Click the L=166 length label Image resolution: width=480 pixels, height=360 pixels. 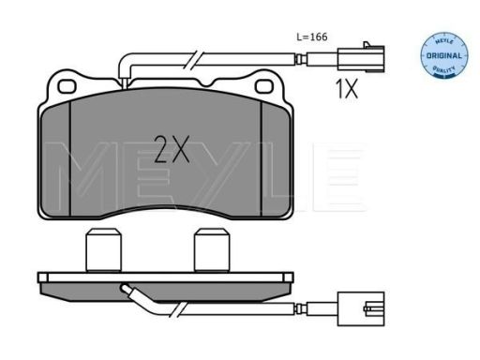pyautogui.click(x=312, y=37)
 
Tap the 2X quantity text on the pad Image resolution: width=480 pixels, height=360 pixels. pyautogui.click(x=172, y=149)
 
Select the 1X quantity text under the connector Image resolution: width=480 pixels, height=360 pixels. pyautogui.click(x=346, y=88)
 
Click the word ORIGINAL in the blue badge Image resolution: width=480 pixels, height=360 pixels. pyautogui.click(x=444, y=56)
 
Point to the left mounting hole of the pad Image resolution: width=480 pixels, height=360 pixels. pyautogui.click(x=67, y=86)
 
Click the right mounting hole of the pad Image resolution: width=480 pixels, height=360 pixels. pyautogui.click(x=264, y=86)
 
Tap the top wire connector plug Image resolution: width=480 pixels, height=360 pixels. pyautogui.click(x=361, y=58)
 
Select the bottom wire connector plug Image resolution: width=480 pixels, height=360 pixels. pyautogui.click(x=361, y=308)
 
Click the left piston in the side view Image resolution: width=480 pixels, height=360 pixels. pyautogui.click(x=103, y=250)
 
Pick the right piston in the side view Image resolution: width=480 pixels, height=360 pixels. pyautogui.click(x=212, y=250)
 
